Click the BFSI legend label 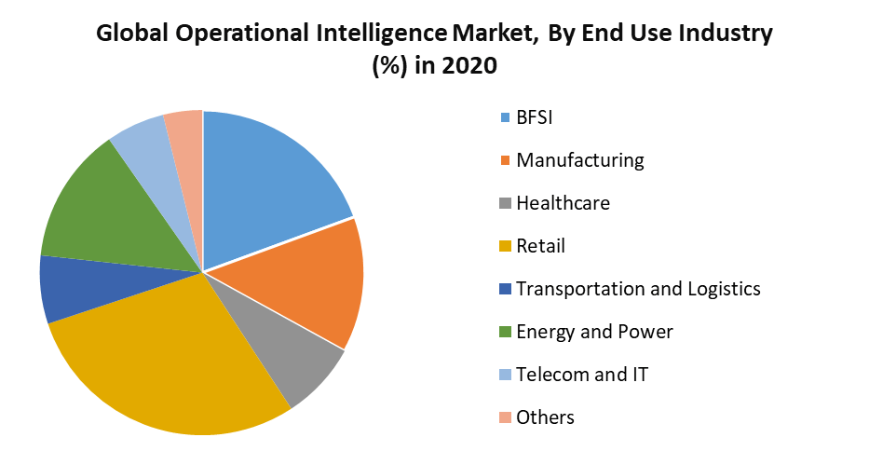(540, 117)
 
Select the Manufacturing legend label (579, 160)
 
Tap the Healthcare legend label (563, 203)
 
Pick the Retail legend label (540, 246)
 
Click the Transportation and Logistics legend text (638, 289)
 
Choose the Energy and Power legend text (594, 332)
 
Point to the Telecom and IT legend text (582, 375)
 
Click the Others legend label (545, 417)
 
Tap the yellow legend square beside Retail (506, 247)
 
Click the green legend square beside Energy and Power (506, 333)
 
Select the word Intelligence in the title (372, 35)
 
